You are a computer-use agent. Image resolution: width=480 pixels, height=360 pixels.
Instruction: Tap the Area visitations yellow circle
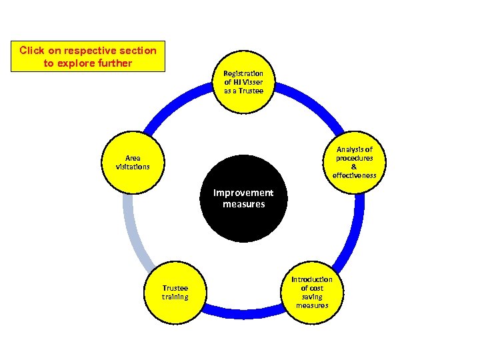coord(133,163)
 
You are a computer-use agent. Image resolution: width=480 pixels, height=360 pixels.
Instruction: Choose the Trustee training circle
coord(175,293)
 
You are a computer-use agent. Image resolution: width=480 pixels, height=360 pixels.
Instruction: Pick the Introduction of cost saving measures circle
coord(312,293)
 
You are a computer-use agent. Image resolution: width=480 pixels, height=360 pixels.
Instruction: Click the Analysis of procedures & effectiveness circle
coord(354,163)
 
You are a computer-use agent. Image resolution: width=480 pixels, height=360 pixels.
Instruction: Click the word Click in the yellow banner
coord(31,50)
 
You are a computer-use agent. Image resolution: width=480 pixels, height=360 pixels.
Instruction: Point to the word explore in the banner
coord(85,63)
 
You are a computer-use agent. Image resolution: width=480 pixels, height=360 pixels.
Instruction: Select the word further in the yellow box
coord(119,63)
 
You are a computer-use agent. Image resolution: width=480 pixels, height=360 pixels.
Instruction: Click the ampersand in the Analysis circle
coord(354,167)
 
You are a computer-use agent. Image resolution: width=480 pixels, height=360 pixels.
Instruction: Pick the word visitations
coord(133,167)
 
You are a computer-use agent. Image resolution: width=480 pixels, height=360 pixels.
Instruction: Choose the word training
coord(175,297)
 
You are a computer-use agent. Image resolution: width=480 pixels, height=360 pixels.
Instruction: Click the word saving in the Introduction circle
coord(312,297)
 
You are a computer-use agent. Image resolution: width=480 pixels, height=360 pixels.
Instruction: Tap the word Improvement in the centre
coord(243,193)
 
